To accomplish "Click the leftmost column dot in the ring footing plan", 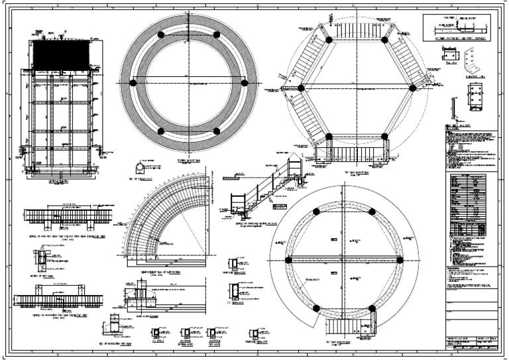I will (x=134, y=83).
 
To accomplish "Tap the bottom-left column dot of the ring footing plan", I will (x=161, y=131).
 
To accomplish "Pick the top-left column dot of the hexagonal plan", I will (x=329, y=39).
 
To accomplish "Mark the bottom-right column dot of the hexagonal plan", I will (x=384, y=136).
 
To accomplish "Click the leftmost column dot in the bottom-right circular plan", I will (x=288, y=260).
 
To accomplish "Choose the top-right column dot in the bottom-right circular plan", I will (x=372, y=211).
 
